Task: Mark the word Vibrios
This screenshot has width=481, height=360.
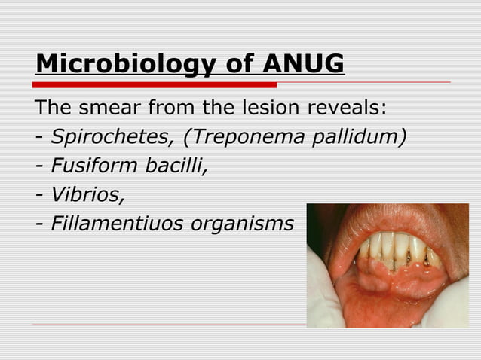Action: (86, 194)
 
